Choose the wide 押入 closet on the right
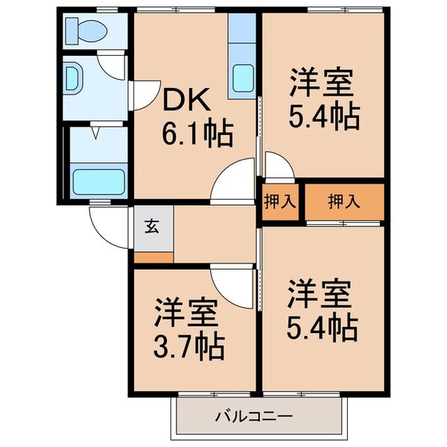342,201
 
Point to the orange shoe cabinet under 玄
154,256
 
